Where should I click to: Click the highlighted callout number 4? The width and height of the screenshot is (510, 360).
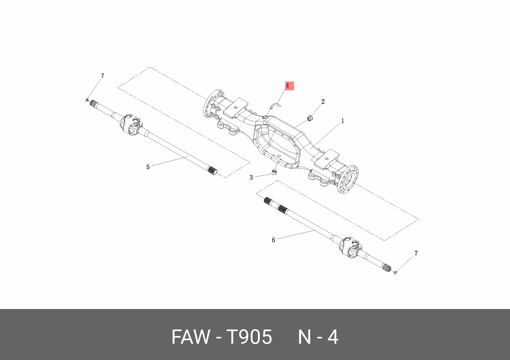(x=287, y=86)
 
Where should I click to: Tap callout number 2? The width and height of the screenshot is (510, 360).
(x=323, y=101)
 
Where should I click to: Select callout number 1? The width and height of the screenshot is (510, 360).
(x=342, y=121)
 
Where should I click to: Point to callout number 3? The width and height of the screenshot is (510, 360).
(x=251, y=178)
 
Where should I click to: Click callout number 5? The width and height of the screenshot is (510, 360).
(x=148, y=167)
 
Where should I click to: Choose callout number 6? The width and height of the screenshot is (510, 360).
(x=273, y=240)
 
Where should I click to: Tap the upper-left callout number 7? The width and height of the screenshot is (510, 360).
(x=103, y=76)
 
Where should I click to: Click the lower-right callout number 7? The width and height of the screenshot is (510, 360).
(x=416, y=253)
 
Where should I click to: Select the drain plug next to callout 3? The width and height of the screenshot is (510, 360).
(x=274, y=172)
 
